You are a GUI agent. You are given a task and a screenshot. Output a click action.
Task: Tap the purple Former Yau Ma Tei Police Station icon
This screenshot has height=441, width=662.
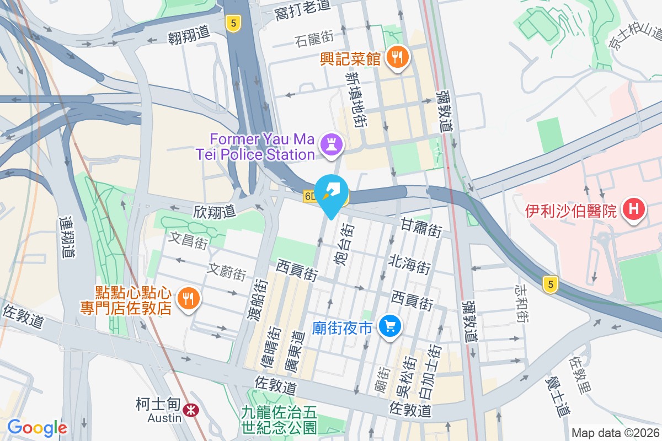333,145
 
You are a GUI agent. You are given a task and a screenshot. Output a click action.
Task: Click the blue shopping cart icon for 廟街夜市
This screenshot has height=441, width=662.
390,327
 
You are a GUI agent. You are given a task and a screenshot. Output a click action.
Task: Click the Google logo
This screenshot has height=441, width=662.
37,428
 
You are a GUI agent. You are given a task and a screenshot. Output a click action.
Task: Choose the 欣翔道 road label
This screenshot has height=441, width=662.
215,211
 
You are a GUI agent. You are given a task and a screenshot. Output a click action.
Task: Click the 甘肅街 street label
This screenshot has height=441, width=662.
421,227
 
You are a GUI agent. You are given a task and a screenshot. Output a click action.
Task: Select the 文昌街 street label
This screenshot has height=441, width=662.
188,241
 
